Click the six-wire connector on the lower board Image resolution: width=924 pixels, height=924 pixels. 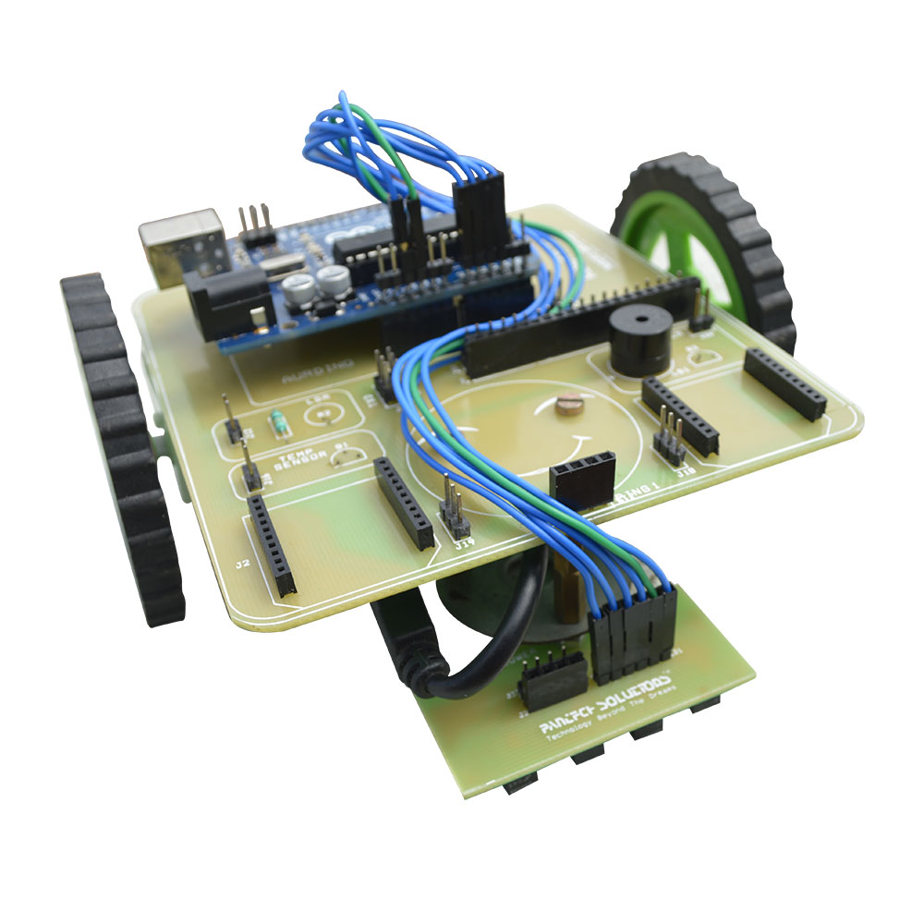point(634,628)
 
